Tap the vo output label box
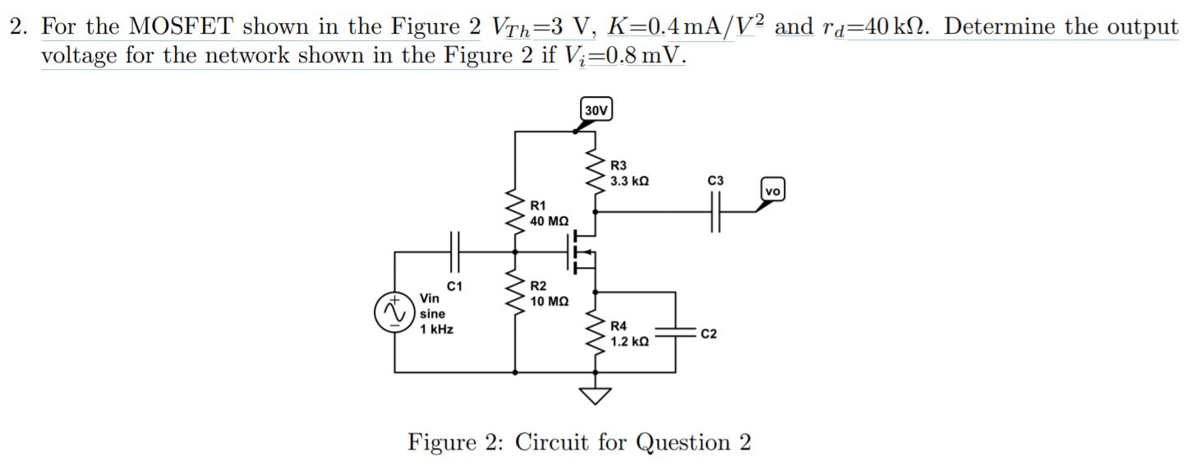point(773,190)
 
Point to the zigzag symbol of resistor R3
point(595,173)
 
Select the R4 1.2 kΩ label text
point(630,334)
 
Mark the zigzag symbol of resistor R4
point(595,334)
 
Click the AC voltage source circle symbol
point(392,314)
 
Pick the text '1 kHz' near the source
point(436,330)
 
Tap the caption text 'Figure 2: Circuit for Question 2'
point(579,443)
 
